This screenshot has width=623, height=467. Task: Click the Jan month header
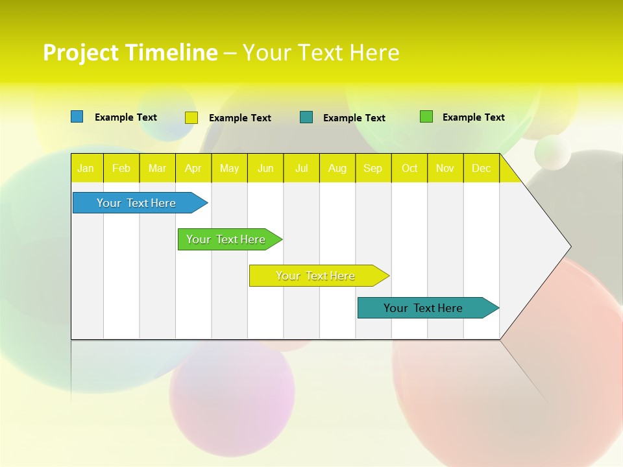click(x=86, y=168)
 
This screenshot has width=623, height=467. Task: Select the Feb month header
click(x=121, y=168)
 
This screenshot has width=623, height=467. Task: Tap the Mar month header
click(x=157, y=168)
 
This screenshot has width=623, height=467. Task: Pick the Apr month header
click(x=193, y=168)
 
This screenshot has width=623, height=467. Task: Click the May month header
click(x=229, y=168)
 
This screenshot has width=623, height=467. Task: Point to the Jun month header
click(x=265, y=168)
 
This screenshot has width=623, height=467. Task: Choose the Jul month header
click(x=302, y=168)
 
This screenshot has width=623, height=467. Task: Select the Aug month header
click(x=337, y=168)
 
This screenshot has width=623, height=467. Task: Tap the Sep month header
click(x=373, y=168)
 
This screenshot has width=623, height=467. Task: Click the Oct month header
click(x=409, y=168)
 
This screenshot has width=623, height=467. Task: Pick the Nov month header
click(x=445, y=168)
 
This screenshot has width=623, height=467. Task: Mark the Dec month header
click(x=482, y=168)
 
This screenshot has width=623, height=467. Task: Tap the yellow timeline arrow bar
click(x=316, y=276)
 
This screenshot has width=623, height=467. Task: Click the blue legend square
click(x=77, y=117)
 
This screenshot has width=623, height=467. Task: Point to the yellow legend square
click(x=191, y=117)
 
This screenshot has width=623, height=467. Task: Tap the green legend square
click(x=426, y=117)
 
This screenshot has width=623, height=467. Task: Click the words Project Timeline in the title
click(x=130, y=53)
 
